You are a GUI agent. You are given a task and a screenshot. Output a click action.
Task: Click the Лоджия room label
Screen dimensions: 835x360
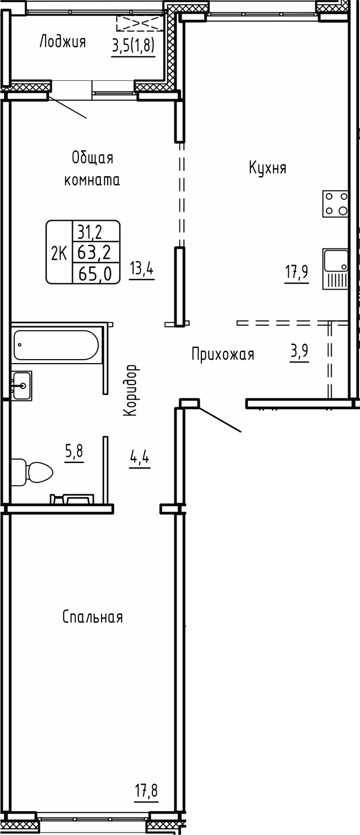tap(62, 42)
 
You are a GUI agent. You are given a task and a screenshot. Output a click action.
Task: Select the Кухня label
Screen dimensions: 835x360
tap(267, 168)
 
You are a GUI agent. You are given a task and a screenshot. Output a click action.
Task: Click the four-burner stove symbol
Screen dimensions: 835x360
tap(335, 204)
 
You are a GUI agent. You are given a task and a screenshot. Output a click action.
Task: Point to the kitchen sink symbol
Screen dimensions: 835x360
tap(335, 269)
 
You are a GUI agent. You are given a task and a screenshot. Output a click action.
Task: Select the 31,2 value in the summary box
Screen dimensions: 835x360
tap(95, 231)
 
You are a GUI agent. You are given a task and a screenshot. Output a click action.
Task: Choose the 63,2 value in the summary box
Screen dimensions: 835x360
tap(95, 252)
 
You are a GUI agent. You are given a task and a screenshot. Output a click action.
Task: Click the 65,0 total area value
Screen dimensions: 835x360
tap(95, 273)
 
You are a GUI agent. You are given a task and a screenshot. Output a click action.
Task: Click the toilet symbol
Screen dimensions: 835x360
tap(32, 471)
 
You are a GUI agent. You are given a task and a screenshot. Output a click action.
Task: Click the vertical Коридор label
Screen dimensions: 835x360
tap(130, 390)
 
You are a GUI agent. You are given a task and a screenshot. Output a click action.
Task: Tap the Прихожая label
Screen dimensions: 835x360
tap(222, 355)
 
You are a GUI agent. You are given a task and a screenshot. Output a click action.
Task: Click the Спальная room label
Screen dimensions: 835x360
tap(93, 617)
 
